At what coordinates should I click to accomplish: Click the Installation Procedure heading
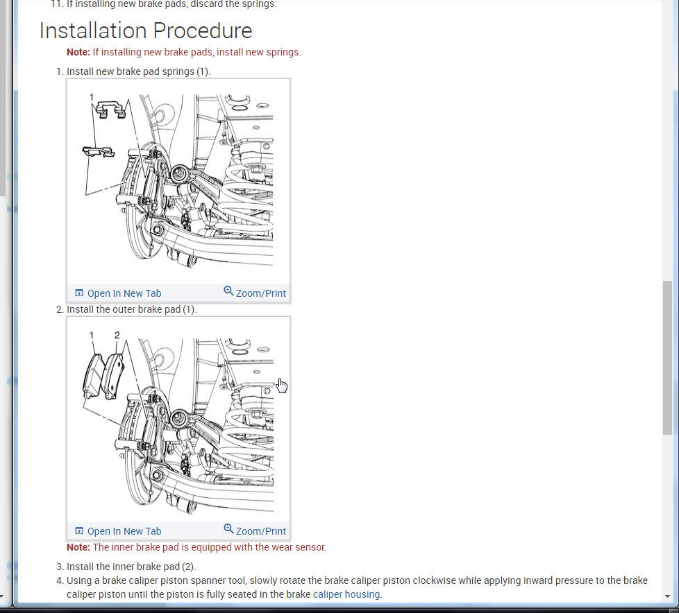[146, 31]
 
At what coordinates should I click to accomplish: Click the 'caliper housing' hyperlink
[346, 594]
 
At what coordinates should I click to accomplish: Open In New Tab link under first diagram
[118, 293]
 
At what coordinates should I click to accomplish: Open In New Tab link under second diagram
[118, 531]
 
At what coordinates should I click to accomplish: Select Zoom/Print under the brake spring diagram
[255, 293]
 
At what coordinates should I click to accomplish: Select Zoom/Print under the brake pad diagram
[255, 530]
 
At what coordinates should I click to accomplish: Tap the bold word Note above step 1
[78, 52]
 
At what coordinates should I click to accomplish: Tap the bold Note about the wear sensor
[78, 547]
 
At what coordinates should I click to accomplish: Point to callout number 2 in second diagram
[117, 335]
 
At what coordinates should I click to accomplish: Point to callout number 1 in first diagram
[92, 97]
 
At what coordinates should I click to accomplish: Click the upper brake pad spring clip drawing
[110, 109]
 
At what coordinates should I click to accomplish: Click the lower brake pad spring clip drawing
[99, 152]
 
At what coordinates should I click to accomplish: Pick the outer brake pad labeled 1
[93, 376]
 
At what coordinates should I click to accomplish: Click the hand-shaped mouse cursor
[282, 386]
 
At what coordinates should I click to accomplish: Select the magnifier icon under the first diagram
[228, 291]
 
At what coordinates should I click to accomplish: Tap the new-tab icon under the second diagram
[79, 530]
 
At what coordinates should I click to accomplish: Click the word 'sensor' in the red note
[310, 547]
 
